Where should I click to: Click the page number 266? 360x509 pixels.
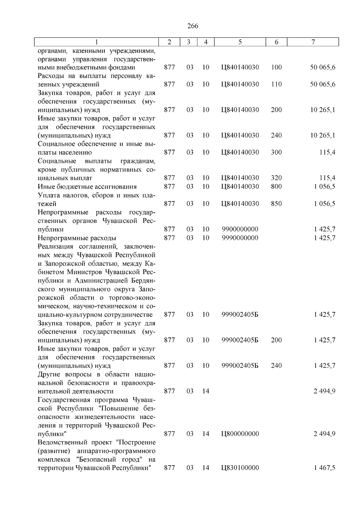coord(193,26)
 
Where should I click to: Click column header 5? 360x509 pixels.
coord(240,42)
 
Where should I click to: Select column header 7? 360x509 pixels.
coord(313,42)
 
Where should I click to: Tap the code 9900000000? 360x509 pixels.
coord(240,229)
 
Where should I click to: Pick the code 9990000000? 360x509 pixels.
coord(240,238)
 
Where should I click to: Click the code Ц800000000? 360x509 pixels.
coord(240,434)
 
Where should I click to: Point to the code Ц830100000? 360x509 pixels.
coord(240,468)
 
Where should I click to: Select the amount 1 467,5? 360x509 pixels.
coord(325,468)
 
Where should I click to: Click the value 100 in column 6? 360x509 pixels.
coord(276,67)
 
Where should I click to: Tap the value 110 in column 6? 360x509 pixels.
coord(276,84)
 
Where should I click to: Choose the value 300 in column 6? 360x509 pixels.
coord(276,152)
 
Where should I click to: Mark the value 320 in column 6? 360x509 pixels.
coord(276,178)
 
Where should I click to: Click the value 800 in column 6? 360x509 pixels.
coord(276,187)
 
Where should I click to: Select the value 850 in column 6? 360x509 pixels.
coord(276,204)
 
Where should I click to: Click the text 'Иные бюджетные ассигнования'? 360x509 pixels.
coord(87,187)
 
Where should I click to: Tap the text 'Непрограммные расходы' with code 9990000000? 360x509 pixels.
coord(77,238)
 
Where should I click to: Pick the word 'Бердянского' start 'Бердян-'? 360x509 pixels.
coord(144,281)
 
